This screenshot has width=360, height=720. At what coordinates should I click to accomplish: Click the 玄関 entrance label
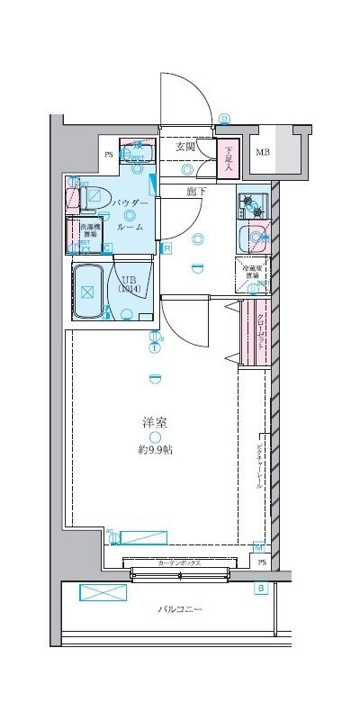click(186, 147)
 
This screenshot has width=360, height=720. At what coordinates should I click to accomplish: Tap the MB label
click(262, 152)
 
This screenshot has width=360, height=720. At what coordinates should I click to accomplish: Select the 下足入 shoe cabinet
click(229, 158)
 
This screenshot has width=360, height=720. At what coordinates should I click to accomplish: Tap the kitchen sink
click(256, 238)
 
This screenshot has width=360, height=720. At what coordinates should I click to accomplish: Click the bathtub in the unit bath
click(88, 292)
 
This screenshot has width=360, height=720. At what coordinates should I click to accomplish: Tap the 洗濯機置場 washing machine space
click(90, 231)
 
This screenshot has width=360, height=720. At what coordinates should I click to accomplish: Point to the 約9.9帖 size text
click(156, 448)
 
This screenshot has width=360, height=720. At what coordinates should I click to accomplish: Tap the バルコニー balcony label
click(180, 609)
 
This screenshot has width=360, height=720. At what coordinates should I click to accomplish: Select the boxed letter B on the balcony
click(261, 589)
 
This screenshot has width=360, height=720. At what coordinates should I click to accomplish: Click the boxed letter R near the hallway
click(167, 247)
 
